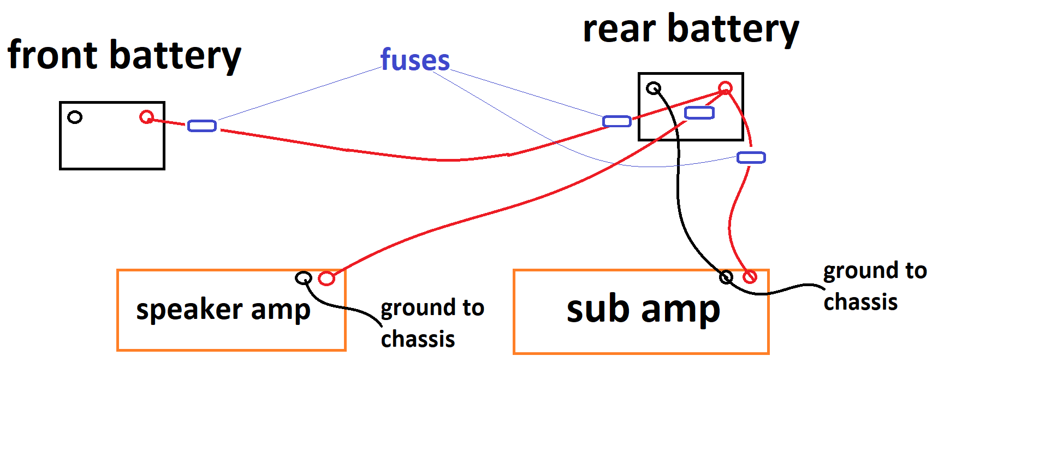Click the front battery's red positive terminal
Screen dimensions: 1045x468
(x=146, y=117)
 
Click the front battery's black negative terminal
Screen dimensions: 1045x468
(x=75, y=117)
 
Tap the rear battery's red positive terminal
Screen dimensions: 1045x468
(x=725, y=88)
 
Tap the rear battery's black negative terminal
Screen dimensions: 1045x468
(x=654, y=88)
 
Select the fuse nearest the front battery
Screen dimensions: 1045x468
(x=202, y=126)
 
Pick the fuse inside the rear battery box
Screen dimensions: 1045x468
(x=699, y=112)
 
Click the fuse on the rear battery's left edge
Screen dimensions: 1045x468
(x=617, y=121)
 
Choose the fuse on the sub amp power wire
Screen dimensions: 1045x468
(x=751, y=158)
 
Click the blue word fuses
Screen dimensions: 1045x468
(x=415, y=60)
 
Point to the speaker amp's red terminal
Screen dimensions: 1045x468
(x=326, y=279)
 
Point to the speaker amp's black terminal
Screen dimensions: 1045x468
(x=304, y=278)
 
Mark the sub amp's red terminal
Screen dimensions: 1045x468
(x=750, y=277)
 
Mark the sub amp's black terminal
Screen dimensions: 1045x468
(x=726, y=277)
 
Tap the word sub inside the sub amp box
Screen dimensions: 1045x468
(x=598, y=309)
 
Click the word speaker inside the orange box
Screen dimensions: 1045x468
(x=189, y=310)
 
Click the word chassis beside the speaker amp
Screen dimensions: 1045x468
(x=418, y=339)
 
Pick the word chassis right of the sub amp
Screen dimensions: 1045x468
(x=860, y=302)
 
